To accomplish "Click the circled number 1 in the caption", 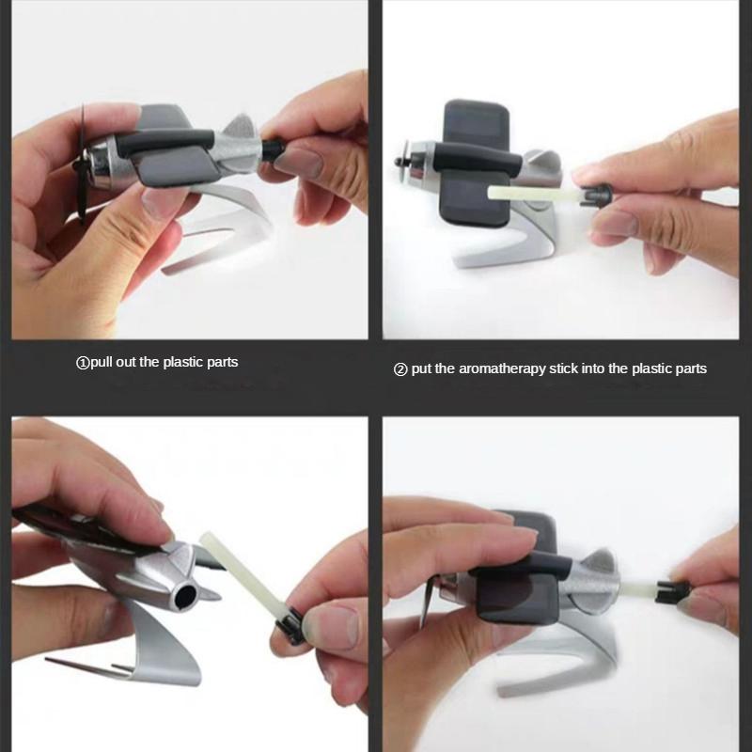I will (82, 362).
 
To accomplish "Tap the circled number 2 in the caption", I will (400, 368).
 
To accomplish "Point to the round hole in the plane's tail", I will (184, 596).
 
